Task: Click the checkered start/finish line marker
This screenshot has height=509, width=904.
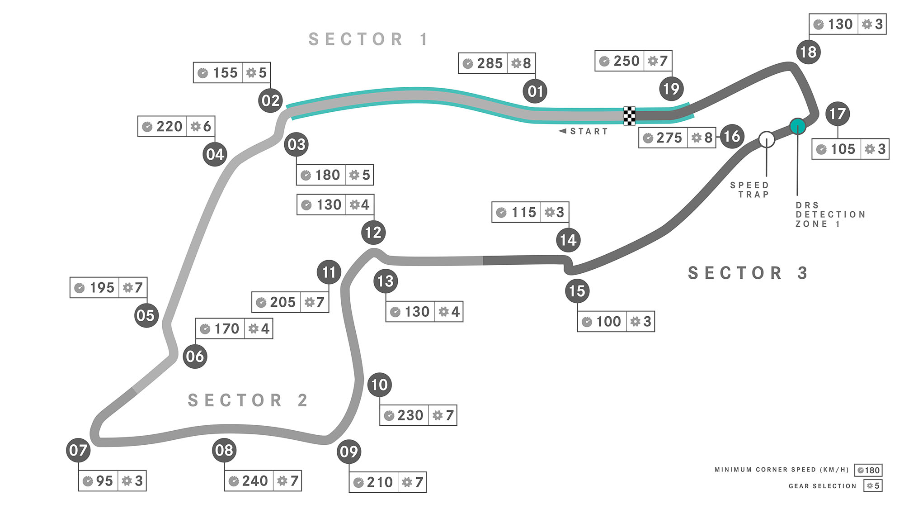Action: pos(629,116)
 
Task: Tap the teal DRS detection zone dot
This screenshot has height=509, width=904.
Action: pos(798,126)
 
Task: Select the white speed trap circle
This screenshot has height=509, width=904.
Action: pos(767,139)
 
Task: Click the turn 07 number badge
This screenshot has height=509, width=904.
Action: pos(78,450)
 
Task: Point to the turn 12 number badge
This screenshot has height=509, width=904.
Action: pos(373,233)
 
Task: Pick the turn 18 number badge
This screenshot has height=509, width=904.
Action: pos(808,52)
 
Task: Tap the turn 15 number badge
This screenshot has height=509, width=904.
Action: pos(577,291)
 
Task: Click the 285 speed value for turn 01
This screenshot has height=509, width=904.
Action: pos(490,63)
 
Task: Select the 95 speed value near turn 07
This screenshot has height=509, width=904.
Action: pos(104,481)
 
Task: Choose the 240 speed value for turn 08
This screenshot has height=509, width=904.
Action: pos(255,481)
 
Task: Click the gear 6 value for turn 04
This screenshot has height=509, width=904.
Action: pos(207,126)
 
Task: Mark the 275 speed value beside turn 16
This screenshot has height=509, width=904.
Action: pos(669,138)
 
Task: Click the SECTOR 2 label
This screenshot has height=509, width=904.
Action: pos(248,400)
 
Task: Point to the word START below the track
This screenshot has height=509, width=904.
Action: pos(589,132)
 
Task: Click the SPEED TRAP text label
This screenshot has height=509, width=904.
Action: pos(749,190)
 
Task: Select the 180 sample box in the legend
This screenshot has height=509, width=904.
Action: pos(868,470)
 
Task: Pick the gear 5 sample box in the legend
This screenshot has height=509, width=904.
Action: pos(873,486)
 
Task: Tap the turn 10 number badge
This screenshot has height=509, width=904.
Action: pos(379,385)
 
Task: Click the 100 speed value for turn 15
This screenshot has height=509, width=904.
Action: pos(608,322)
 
